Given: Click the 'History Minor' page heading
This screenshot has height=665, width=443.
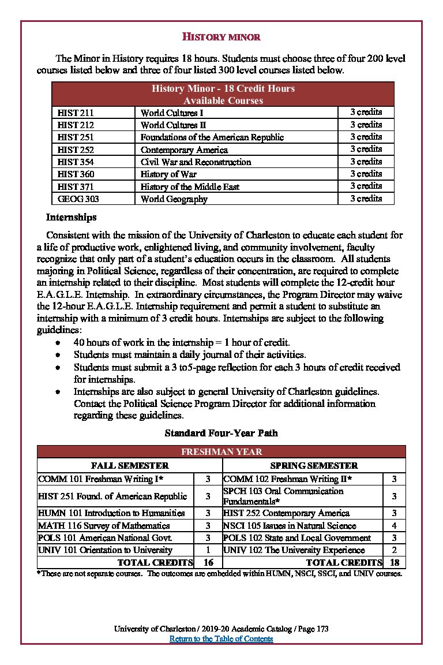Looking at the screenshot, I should (221, 37).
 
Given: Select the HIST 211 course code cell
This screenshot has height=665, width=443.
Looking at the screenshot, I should (76, 113).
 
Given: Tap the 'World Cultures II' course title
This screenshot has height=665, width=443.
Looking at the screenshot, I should (174, 125).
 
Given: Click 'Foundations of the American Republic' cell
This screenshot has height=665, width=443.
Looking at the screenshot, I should (212, 137).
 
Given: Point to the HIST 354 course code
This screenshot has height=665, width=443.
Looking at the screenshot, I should (76, 162).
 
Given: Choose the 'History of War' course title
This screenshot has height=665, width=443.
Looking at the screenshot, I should (168, 174).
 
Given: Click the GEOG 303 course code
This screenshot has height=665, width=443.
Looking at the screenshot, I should (78, 199).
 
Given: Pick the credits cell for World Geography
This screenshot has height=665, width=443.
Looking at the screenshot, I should (366, 199).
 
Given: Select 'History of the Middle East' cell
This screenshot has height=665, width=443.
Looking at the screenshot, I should (190, 186).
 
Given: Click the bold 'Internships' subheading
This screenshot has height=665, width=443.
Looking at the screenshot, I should (71, 218).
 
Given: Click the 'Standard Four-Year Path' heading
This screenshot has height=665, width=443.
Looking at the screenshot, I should (221, 432).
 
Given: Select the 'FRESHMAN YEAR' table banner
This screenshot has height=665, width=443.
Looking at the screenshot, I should (221, 452).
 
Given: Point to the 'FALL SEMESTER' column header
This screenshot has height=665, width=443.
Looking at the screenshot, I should (130, 465).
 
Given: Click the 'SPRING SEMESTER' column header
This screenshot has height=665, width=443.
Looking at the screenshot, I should (314, 465).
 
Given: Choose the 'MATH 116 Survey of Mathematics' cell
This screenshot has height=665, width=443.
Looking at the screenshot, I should (104, 526).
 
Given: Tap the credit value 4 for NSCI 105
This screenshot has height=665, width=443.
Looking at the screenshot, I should (394, 526).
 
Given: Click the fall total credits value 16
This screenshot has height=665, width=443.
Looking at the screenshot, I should (208, 562).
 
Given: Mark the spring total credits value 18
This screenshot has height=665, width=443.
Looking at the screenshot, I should (394, 562).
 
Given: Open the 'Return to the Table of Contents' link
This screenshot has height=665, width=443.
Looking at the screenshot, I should (221, 638).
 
